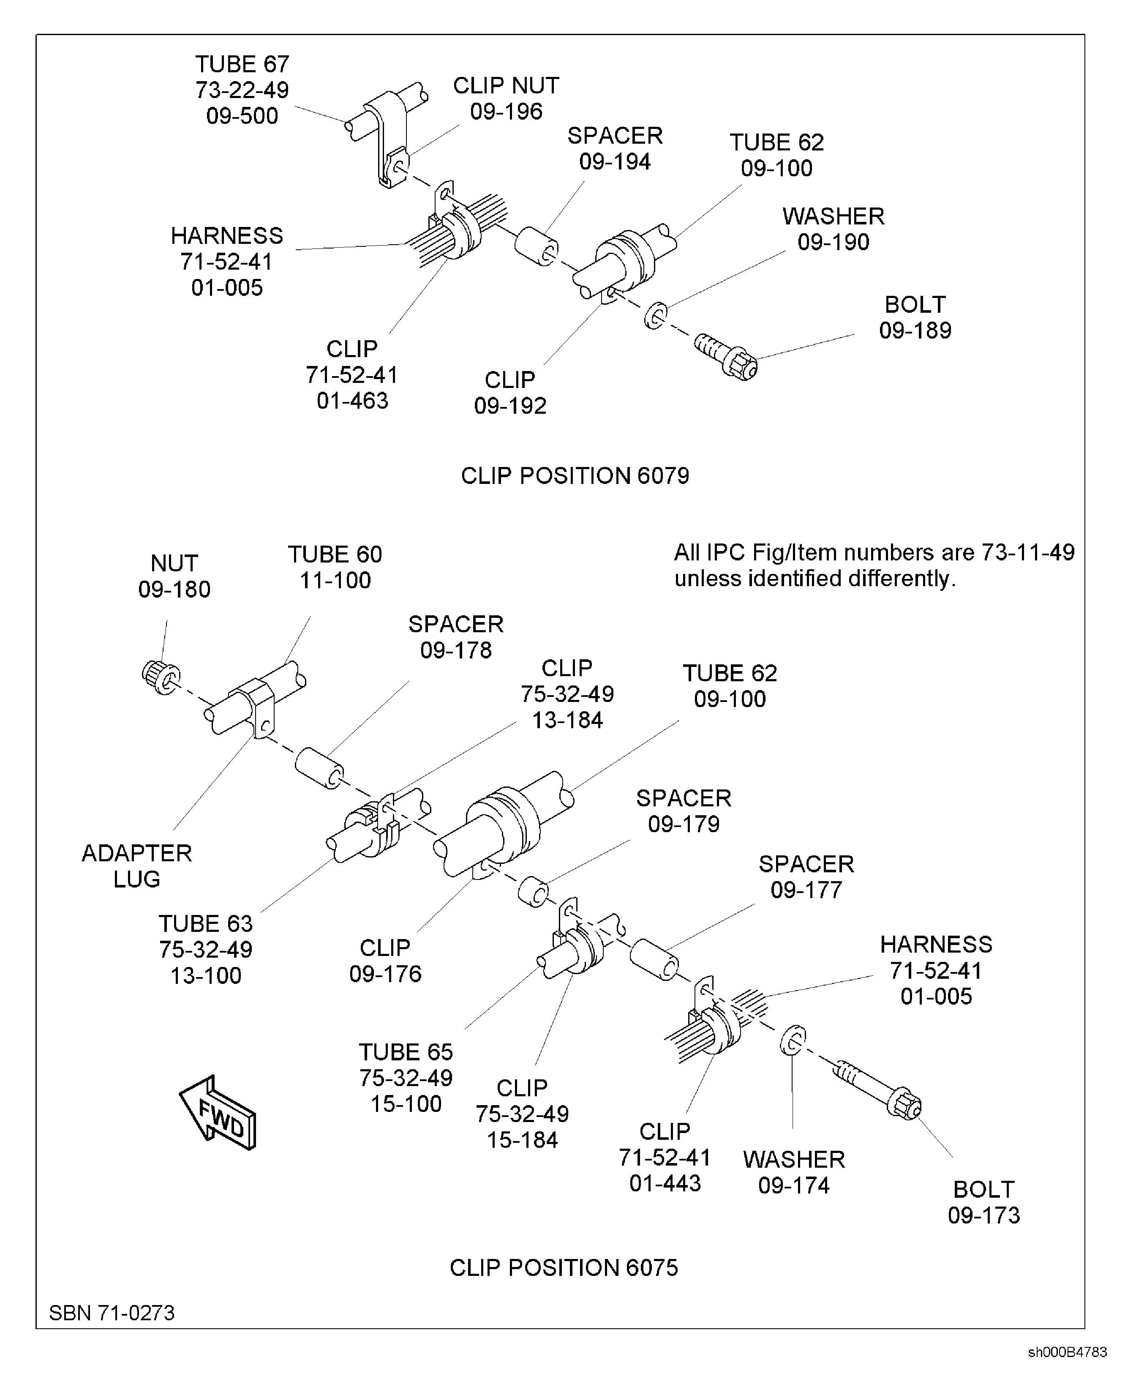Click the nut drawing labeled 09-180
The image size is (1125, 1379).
coord(160,677)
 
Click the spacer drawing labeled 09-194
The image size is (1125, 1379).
coord(537,246)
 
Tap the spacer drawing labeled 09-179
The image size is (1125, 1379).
coord(533,892)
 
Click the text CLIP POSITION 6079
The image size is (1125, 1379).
coord(575,476)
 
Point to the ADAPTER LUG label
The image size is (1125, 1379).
coord(137,866)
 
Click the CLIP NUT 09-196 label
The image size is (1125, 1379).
coord(506,98)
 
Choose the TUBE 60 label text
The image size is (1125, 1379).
coord(335,554)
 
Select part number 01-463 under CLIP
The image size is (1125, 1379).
coord(352,401)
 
